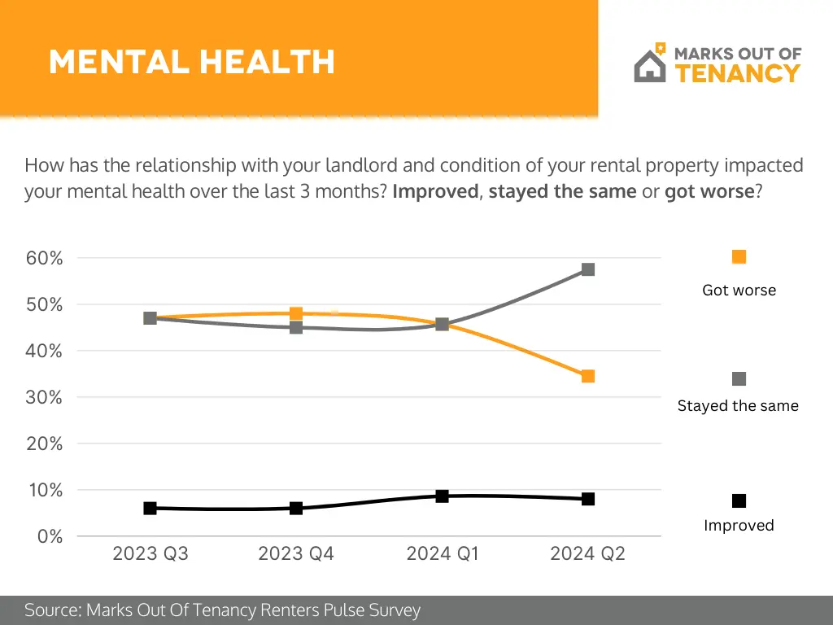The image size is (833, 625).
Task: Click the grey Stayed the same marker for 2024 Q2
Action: [588, 269]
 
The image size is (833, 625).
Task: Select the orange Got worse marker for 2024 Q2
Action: [588, 376]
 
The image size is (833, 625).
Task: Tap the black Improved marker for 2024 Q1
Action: [442, 496]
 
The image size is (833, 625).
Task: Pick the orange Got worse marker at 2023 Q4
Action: [296, 313]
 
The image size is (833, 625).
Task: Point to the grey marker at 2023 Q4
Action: [296, 327]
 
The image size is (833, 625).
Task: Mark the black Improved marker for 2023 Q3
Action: [150, 508]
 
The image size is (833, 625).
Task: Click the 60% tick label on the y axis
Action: [46, 258]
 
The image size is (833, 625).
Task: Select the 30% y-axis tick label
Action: [46, 397]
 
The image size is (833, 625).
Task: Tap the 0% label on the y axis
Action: [50, 536]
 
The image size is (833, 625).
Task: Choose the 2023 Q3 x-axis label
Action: [150, 554]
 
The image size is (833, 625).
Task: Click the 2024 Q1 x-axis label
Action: [442, 554]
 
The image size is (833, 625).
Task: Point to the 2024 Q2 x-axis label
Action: [587, 554]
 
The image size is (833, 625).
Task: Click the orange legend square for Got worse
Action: [739, 257]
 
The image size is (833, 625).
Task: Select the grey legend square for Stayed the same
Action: [739, 379]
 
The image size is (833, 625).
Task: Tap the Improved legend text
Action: [739, 526]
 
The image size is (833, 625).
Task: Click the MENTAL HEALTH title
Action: [191, 62]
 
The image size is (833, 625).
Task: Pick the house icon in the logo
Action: [648, 65]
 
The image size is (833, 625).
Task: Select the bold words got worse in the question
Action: [709, 193]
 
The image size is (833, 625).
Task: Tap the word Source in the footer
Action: [51, 610]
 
